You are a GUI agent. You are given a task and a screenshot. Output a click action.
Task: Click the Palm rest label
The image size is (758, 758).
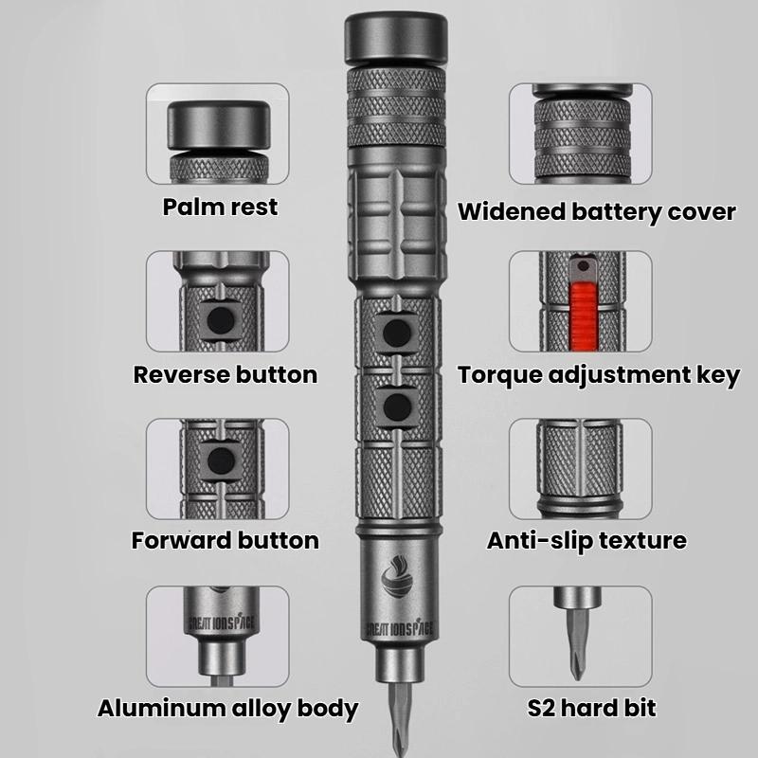(x=220, y=207)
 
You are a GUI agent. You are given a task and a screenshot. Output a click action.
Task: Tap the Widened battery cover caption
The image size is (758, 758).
(x=597, y=211)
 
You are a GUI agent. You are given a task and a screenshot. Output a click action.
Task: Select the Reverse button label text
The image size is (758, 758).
(x=226, y=374)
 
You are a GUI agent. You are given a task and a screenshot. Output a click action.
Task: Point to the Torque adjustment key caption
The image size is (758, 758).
(x=599, y=375)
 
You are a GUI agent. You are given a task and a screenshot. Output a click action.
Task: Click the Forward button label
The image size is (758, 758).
(x=226, y=541)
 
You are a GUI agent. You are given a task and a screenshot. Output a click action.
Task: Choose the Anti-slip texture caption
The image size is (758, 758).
(x=587, y=541)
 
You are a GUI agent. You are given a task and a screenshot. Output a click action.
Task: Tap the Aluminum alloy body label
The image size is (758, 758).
(x=227, y=708)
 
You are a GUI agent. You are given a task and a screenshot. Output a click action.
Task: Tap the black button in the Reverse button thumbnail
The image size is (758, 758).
(x=224, y=319)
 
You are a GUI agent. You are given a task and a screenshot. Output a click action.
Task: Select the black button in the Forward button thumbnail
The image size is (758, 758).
(x=223, y=460)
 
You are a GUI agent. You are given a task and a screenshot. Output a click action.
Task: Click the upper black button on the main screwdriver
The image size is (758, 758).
(x=395, y=331)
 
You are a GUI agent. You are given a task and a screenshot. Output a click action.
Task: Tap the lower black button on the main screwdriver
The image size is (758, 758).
(x=395, y=406)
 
